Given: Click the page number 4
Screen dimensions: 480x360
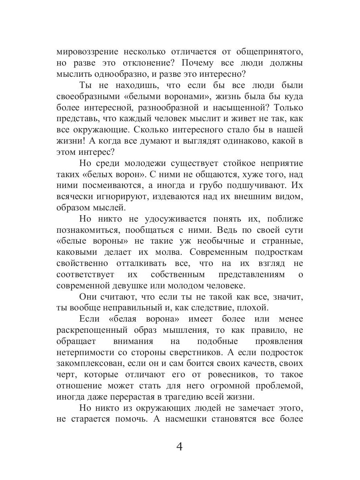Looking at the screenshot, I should pyautogui.click(x=179, y=447).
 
